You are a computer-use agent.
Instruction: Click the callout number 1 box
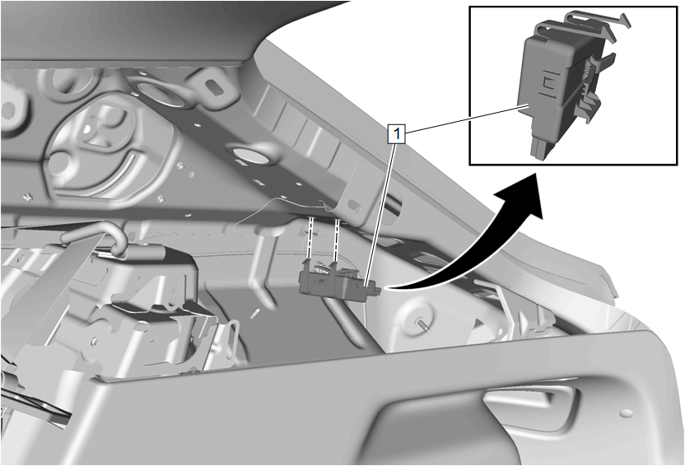pos(397,133)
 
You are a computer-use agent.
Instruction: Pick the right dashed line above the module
pos(337,240)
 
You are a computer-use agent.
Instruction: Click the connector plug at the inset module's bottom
pos(540,146)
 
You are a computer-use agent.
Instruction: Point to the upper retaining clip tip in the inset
pos(623,20)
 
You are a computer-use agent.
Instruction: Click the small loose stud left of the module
pos(254,313)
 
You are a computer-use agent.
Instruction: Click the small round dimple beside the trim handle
pos(627,412)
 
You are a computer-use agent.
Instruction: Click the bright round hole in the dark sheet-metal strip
pos(248,155)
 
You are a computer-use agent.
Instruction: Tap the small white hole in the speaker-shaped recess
pos(89,128)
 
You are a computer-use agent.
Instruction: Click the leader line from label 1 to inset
pos(465,118)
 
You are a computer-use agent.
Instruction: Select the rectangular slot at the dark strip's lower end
pos(355,205)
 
